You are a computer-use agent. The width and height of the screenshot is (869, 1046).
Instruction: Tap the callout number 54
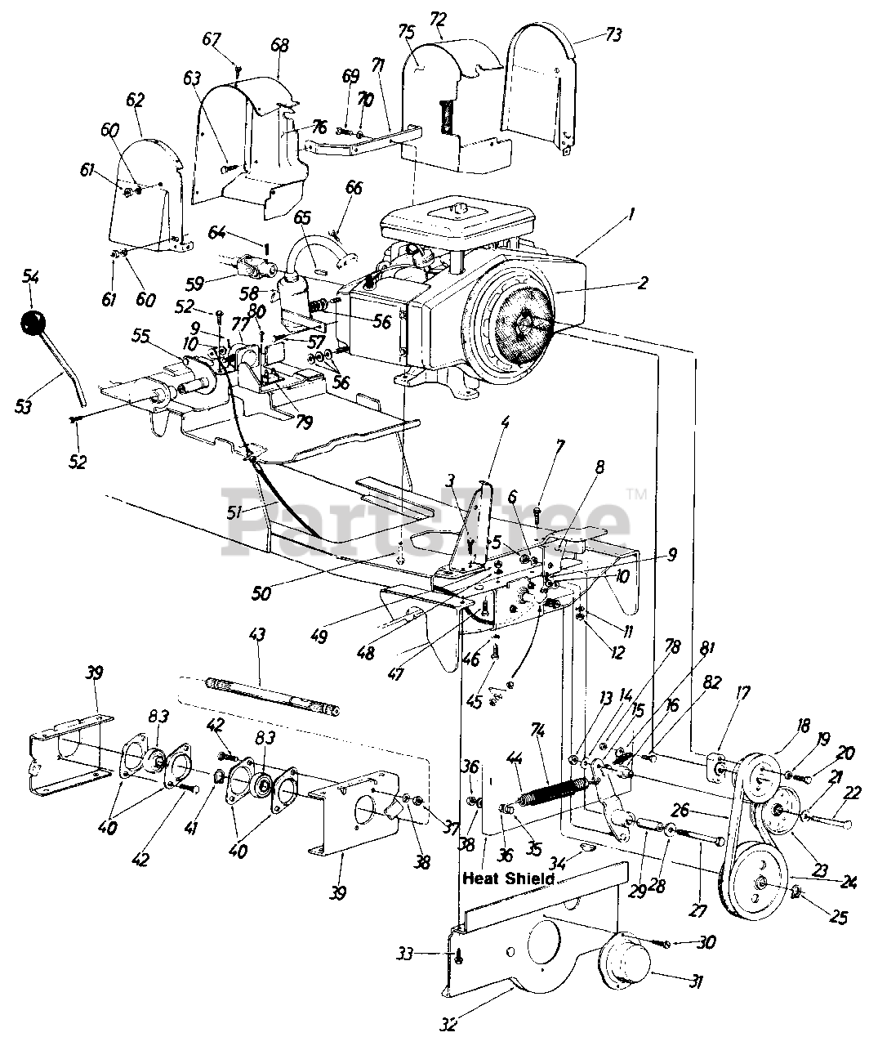30,279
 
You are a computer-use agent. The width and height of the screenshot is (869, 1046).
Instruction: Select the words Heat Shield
508,878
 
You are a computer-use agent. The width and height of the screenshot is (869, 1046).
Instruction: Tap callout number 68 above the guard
279,46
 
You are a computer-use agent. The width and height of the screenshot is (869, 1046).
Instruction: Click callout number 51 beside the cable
236,512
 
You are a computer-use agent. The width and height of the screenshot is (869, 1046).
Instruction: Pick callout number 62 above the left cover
135,101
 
